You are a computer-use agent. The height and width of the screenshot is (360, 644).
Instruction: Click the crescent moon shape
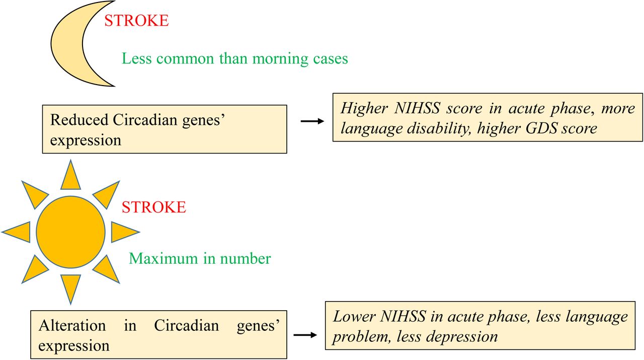pos(67,43)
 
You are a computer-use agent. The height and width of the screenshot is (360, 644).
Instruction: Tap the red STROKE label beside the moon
pos(136,21)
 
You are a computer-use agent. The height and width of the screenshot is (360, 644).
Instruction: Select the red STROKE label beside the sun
pos(154,207)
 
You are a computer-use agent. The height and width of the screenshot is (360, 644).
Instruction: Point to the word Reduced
pos(79,120)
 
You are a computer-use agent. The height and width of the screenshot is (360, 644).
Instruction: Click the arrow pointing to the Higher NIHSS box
pos(312,121)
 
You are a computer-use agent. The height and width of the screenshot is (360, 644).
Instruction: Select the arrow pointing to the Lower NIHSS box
pos(305,335)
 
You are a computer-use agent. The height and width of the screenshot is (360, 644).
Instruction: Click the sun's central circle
pos(71,232)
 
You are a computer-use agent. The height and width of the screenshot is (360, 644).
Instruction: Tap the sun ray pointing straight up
pos(71,175)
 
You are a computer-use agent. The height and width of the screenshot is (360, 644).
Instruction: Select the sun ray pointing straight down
pos(71,290)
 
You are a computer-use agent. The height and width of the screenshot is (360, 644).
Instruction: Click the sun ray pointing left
pos(16,232)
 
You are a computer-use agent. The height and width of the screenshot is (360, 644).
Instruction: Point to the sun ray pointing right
pos(125,232)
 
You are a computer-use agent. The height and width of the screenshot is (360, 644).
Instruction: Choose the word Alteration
pos(72,326)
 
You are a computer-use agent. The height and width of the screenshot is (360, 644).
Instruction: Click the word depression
pos(461,337)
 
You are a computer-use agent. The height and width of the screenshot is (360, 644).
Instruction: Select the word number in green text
pos(245,258)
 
